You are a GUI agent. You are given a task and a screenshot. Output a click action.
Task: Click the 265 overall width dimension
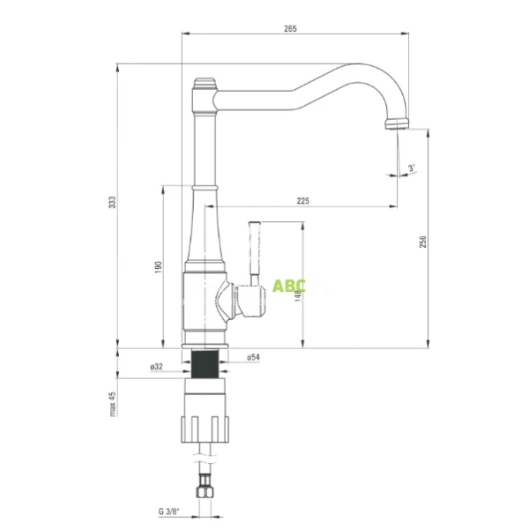[x=291, y=29]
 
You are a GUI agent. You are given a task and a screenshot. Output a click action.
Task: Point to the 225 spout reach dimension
[x=302, y=201]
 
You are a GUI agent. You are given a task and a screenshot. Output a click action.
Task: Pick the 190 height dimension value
[x=158, y=266]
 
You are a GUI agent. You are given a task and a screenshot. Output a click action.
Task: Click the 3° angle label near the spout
[x=412, y=168]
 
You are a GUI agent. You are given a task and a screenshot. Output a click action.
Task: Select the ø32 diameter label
[x=157, y=366]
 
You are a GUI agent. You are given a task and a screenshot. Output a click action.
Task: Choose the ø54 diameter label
[x=252, y=357]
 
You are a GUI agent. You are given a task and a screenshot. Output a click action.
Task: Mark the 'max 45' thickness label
[x=112, y=405]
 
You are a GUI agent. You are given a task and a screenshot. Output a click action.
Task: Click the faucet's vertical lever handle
[x=257, y=250]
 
